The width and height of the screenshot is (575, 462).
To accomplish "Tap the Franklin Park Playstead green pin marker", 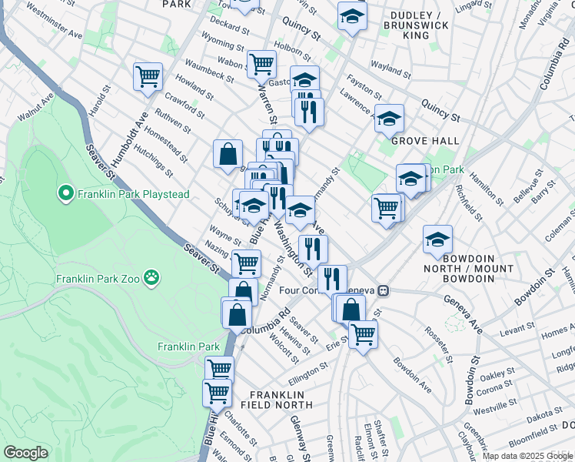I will tap(66, 194).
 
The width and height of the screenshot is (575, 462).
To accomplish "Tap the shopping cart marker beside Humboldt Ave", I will tap(148, 76).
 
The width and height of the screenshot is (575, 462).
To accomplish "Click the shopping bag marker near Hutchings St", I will tap(228, 153).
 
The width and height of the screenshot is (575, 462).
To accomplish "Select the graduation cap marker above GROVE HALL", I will tap(390, 118).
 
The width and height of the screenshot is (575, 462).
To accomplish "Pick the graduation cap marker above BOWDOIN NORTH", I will tap(437, 239).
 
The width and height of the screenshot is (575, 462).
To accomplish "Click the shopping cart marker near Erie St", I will tap(363, 333).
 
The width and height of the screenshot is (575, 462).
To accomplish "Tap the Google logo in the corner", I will tap(25, 453).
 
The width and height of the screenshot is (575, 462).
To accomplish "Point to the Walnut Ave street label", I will tap(36, 108).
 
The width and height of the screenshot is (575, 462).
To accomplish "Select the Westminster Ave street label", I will tap(53, 23).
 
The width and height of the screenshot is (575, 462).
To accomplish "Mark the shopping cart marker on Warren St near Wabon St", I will tap(261, 64).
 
